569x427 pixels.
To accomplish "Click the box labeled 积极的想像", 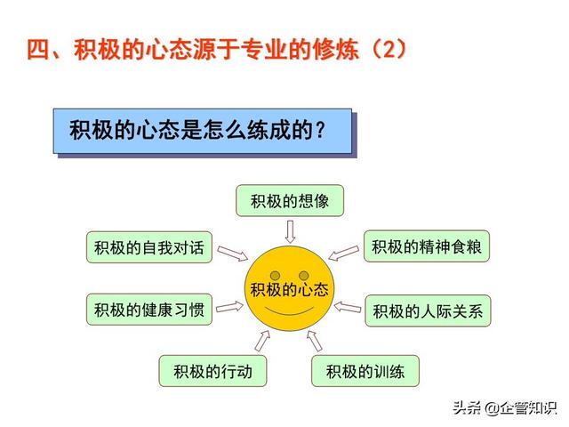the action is [290, 200].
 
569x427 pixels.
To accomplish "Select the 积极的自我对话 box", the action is [149, 247].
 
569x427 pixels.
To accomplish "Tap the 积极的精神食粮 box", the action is [427, 246].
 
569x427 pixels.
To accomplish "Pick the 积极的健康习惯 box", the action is [149, 310].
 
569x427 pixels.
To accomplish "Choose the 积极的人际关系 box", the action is [428, 310].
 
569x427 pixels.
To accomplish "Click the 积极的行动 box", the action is [212, 371].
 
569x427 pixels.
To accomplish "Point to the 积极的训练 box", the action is [365, 371].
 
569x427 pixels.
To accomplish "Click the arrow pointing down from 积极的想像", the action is [290, 231].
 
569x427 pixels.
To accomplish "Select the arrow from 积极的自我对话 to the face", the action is [233, 253].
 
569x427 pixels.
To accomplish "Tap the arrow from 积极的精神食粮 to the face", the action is [344, 253].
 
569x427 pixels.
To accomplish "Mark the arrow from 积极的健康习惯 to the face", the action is [229, 307].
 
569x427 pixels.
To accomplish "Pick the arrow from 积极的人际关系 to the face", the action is [348, 308].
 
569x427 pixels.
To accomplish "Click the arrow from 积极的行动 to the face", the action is [262, 341].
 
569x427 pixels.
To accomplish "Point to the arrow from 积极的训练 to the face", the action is [314, 341].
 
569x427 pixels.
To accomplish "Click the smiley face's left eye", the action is [276, 275].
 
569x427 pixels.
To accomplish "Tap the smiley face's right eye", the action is [304, 275].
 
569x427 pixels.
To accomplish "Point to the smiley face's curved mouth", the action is [289, 312].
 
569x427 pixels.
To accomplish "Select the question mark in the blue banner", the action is [320, 130].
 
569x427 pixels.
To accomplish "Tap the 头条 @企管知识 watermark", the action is [504, 407].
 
